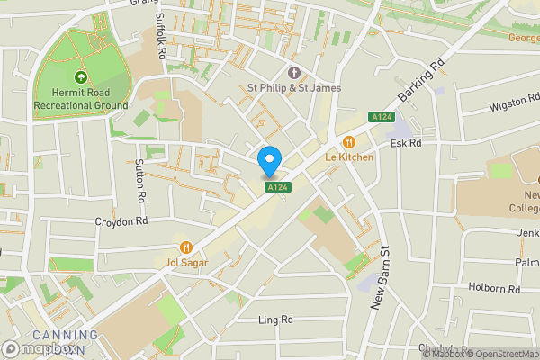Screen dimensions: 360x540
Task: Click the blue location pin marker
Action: tap(269, 163)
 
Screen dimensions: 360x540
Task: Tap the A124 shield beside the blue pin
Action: tap(278, 187)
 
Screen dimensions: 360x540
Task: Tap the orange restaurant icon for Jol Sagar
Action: tap(186, 247)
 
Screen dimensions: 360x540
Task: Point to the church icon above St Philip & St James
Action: tap(292, 73)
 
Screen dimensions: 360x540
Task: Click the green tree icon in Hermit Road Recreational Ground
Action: tap(81, 78)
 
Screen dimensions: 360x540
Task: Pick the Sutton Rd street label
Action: tap(140, 180)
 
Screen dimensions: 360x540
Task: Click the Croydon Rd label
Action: tap(121, 220)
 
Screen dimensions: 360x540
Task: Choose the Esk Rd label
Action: tap(406, 143)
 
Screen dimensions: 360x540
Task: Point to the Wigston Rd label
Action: tap(513, 107)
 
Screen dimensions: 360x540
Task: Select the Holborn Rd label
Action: tap(495, 290)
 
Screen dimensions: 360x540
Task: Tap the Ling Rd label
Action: tap(275, 319)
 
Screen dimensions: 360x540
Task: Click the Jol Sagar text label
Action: tap(186, 263)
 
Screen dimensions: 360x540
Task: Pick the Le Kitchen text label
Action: tap(349, 157)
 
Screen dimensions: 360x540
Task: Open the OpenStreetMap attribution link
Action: tap(499, 354)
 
